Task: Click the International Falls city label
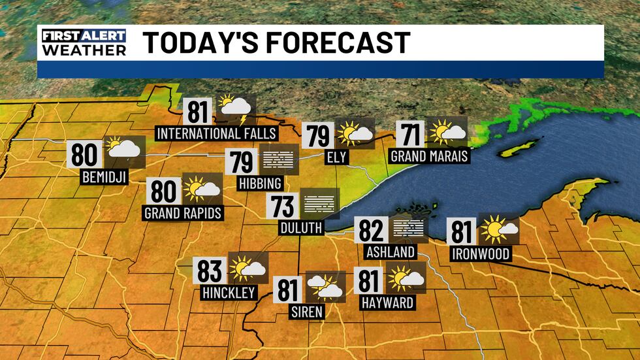tap(217, 134)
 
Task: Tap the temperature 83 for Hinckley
tap(212, 270)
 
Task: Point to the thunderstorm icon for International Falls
tap(236, 109)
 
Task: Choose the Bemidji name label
tap(104, 176)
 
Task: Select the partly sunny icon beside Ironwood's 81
tap(500, 229)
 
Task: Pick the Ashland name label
tap(391, 252)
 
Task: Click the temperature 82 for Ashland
tap(371, 230)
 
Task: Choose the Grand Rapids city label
tap(183, 213)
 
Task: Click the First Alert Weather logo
tap(83, 42)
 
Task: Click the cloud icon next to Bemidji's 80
tap(122, 149)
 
